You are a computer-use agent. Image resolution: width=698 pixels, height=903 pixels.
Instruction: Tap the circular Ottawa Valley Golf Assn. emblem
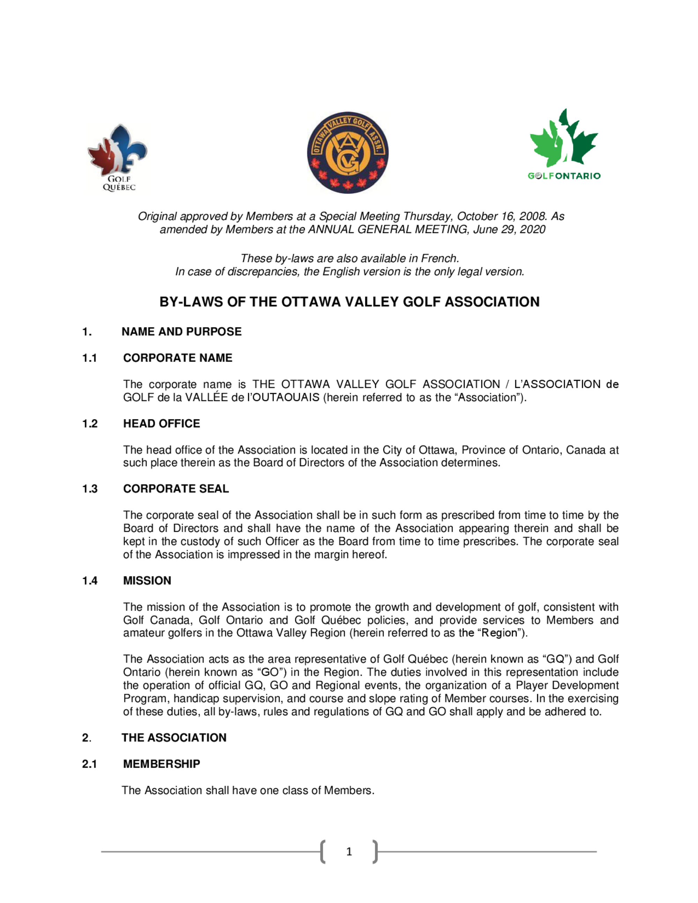(x=347, y=152)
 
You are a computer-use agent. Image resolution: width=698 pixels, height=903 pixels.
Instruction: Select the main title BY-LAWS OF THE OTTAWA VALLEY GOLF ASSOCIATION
(x=349, y=302)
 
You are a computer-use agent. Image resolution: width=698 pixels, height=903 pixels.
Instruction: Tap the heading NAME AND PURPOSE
(x=181, y=331)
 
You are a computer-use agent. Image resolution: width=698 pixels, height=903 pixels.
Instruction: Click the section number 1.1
(x=89, y=358)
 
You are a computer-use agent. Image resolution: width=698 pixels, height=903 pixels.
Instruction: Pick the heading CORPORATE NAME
(x=178, y=358)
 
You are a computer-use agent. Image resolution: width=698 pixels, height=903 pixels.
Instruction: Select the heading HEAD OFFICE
(x=162, y=423)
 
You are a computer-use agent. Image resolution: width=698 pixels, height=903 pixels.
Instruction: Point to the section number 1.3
(x=90, y=489)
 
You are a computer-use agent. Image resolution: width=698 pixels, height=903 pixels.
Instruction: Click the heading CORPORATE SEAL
(x=176, y=489)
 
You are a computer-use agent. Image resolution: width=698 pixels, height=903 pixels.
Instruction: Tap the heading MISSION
(x=147, y=581)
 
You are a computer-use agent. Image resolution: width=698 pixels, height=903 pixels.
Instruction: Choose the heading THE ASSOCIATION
(x=174, y=738)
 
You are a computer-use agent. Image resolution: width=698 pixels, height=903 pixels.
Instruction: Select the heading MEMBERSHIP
(x=162, y=764)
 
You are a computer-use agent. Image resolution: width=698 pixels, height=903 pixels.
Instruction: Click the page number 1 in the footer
(x=349, y=851)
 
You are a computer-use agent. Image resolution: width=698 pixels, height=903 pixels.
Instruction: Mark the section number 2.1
(x=89, y=764)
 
